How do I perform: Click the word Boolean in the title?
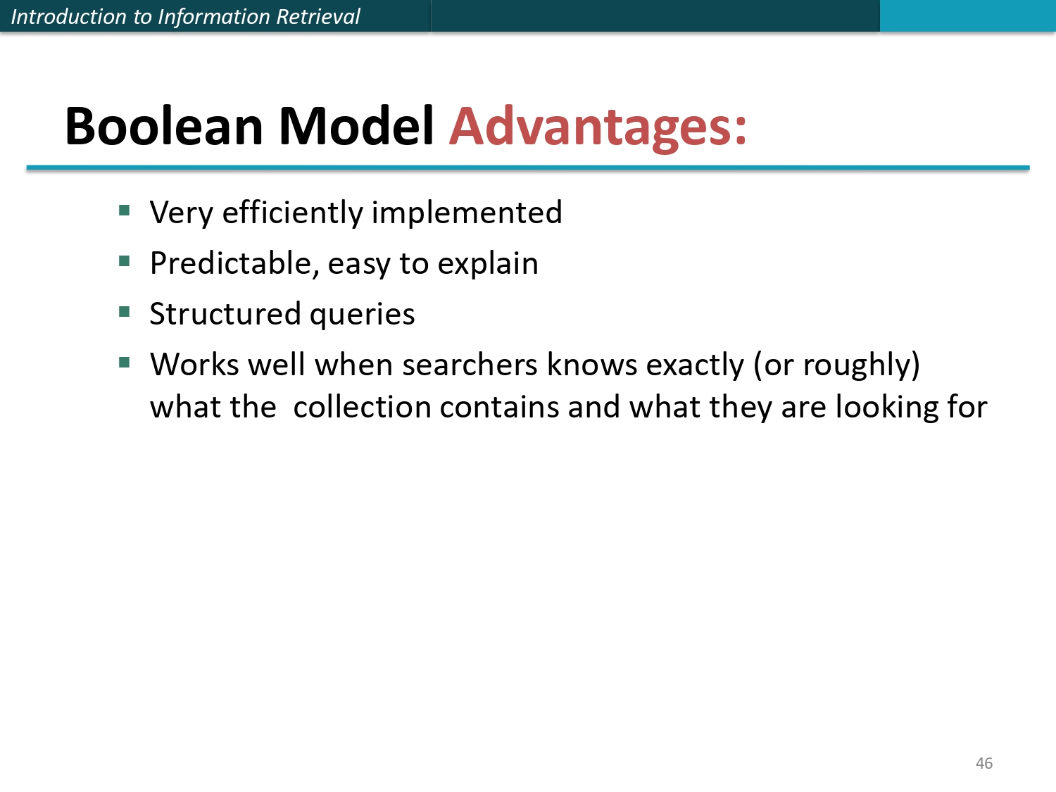pos(164,127)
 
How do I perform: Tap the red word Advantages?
pos(598,127)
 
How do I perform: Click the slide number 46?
pos(983,763)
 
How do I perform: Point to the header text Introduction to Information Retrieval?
pos(185,16)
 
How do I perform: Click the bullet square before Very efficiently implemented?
pos(125,210)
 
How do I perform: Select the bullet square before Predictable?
pos(125,261)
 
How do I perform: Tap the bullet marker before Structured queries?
pos(125,311)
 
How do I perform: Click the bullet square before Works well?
pos(125,363)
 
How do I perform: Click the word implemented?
pos(467,213)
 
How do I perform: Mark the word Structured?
pos(225,314)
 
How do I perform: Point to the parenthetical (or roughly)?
pos(836,365)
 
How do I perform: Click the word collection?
pos(362,407)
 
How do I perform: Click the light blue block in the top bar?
pos(967,15)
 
